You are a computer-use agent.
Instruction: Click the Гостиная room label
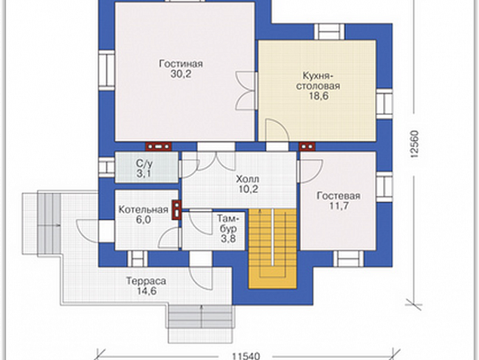(x=181, y=64)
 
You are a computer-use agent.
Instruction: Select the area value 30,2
(x=181, y=74)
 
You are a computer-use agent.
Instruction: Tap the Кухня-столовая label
(x=318, y=80)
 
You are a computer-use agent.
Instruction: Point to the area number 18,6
(x=318, y=96)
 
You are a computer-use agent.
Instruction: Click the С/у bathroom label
(x=144, y=163)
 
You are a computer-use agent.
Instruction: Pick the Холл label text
(x=248, y=178)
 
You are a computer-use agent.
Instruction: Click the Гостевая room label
(x=338, y=195)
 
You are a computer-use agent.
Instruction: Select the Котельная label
(x=144, y=209)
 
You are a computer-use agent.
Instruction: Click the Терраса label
(x=147, y=281)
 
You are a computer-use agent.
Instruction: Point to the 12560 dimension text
(x=414, y=144)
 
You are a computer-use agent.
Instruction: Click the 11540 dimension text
(x=246, y=356)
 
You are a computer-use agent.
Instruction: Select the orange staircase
(x=273, y=248)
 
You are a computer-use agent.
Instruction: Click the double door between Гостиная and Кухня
(x=246, y=91)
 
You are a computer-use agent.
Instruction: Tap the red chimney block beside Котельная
(x=177, y=209)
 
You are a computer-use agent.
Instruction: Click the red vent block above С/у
(x=158, y=147)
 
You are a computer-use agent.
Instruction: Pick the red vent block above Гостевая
(x=307, y=147)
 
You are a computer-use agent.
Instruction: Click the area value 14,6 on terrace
(x=147, y=291)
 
